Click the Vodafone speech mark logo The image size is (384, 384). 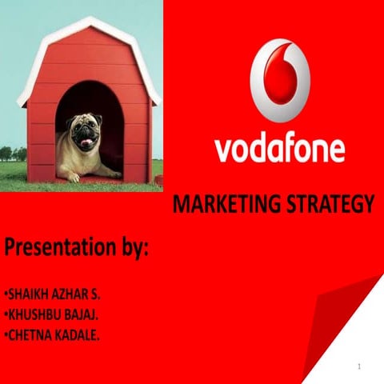click(x=279, y=81)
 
